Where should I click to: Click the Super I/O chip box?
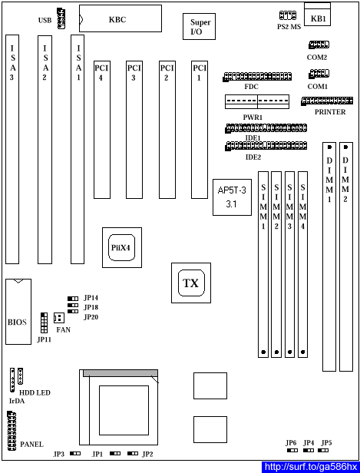(199, 26)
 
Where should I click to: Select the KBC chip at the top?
(121, 18)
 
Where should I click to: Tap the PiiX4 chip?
(122, 247)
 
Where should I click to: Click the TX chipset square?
(191, 283)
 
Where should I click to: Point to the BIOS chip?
(18, 312)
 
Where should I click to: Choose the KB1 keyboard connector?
(317, 15)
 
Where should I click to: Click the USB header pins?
(61, 18)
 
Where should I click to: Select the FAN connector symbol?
(59, 317)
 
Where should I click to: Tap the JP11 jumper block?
(44, 322)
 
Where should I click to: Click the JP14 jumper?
(73, 299)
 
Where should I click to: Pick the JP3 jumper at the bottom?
(75, 453)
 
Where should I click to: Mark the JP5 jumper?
(323, 451)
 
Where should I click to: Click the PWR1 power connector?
(257, 101)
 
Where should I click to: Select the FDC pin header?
(257, 77)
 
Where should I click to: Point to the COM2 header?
(319, 45)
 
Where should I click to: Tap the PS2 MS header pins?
(288, 15)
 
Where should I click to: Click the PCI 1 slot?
(200, 130)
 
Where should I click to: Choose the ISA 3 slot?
(12, 149)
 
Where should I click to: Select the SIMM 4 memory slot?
(302, 265)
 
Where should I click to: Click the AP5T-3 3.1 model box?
(232, 197)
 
